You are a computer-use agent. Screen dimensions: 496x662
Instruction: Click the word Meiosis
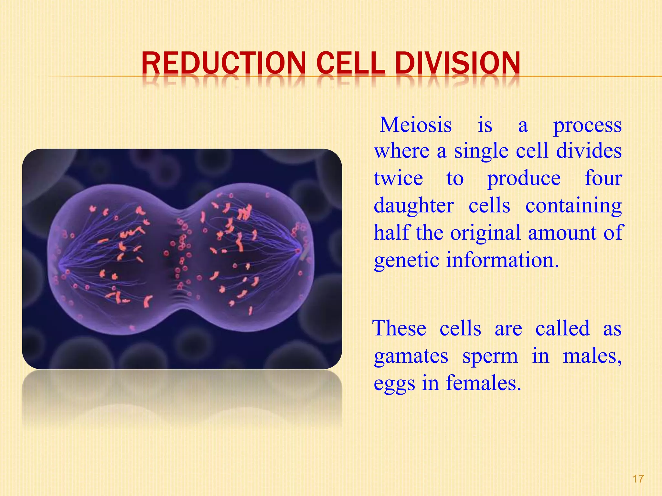(416, 125)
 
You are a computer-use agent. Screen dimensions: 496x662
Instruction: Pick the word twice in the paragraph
(398, 179)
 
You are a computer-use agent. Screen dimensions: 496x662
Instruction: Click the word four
(603, 179)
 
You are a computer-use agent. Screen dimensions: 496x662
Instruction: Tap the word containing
(573, 206)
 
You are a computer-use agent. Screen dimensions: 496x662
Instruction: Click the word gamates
(411, 357)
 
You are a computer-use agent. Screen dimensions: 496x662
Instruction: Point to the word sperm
(490, 357)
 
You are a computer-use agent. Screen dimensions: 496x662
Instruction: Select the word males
(592, 357)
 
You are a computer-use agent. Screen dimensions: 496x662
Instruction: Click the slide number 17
(638, 479)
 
